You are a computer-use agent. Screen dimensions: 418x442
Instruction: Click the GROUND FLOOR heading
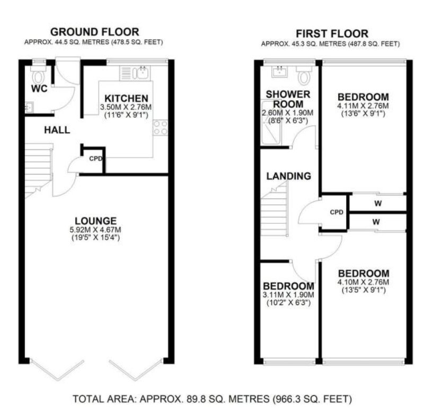click(94, 32)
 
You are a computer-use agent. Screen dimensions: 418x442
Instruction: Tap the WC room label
click(40, 89)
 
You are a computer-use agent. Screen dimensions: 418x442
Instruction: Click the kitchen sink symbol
click(140, 73)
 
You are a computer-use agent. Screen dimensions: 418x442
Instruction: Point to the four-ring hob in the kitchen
click(161, 127)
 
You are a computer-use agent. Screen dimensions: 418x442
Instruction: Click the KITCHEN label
click(126, 98)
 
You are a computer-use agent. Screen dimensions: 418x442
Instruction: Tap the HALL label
click(57, 130)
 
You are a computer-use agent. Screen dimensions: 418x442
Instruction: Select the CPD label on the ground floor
click(95, 159)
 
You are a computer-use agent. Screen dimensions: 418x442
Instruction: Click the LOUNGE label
click(95, 221)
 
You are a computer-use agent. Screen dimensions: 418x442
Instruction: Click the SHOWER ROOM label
click(288, 99)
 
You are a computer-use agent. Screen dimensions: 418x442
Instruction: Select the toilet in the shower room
click(304, 76)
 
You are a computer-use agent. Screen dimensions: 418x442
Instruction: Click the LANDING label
click(288, 176)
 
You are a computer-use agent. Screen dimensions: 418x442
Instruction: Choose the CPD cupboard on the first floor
click(337, 212)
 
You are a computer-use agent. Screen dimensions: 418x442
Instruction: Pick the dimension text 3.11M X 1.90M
click(288, 295)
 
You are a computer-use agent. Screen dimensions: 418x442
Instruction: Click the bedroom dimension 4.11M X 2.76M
click(363, 106)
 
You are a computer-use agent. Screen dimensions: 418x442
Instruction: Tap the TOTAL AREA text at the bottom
click(212, 398)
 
